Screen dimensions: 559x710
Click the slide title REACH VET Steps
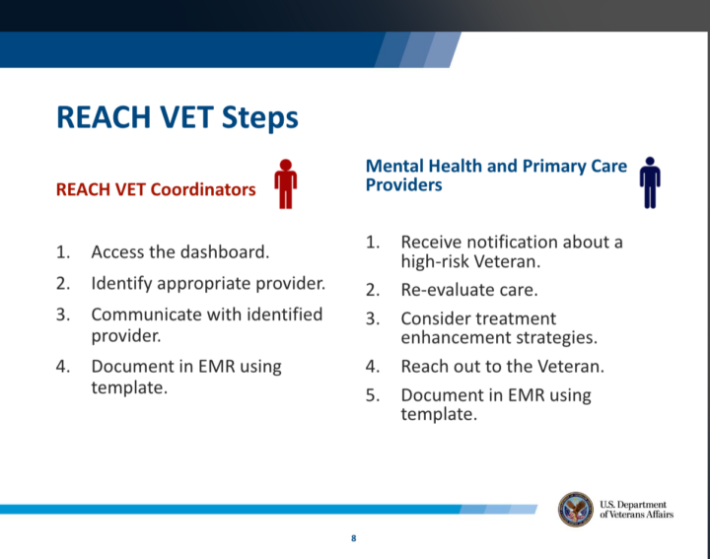pos(177,117)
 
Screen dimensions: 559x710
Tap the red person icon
pos(285,183)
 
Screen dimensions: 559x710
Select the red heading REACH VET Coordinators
pos(156,189)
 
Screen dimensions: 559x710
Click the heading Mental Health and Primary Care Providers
pos(496,175)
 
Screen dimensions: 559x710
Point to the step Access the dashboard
pos(179,252)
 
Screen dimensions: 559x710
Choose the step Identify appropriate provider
pos(208,283)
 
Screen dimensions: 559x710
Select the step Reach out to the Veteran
pos(502,366)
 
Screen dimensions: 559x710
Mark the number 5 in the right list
pos(372,395)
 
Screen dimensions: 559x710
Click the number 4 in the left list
pos(62,366)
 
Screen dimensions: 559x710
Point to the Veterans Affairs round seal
pos(575,510)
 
